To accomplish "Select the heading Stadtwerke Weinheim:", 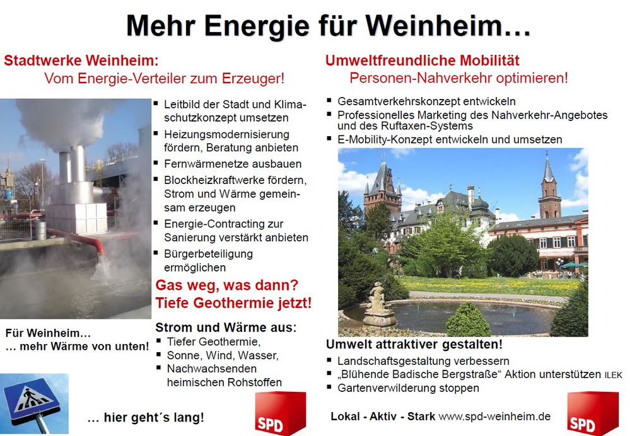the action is [x=81, y=60].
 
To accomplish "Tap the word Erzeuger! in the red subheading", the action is [x=253, y=78].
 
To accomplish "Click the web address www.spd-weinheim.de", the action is [x=494, y=416].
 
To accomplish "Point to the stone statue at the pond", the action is [x=378, y=304].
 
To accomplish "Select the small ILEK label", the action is [x=614, y=376].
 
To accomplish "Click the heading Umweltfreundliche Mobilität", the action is [x=423, y=60].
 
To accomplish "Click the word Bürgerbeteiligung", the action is [x=208, y=254].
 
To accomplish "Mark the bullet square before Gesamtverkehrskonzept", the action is [x=329, y=100].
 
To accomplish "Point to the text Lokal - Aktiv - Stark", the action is [x=383, y=416].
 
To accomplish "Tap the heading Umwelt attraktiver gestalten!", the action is [x=414, y=345].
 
